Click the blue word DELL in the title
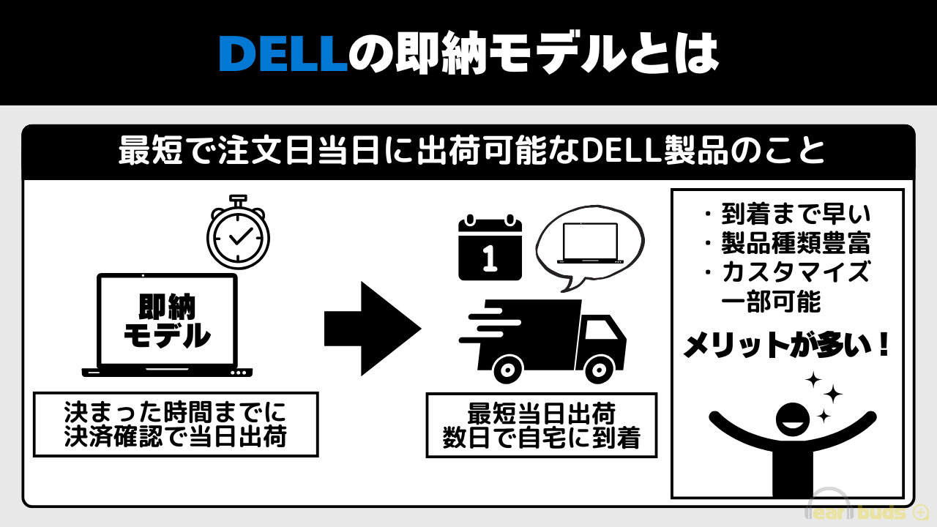click(x=282, y=54)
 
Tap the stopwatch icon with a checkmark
click(x=238, y=236)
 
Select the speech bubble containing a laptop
click(x=589, y=244)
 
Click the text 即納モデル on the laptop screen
click(x=167, y=321)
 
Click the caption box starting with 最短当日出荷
click(x=542, y=425)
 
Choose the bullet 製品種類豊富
click(x=787, y=243)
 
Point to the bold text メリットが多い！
click(x=787, y=345)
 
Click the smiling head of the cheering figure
click(x=793, y=419)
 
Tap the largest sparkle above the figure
click(x=831, y=395)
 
